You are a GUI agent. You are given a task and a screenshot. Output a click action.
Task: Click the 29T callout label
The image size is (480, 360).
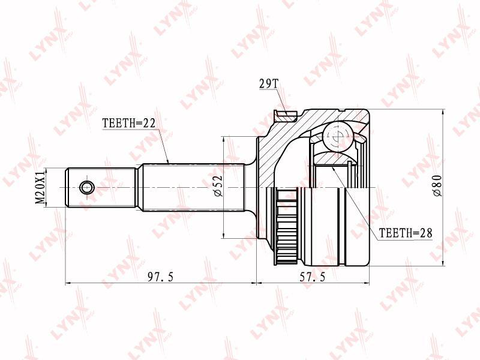pos(268,83)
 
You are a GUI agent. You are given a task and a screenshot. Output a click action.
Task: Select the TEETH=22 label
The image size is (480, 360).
pos(129,123)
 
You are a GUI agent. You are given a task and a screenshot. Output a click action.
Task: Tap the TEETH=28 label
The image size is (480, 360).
pos(406,233)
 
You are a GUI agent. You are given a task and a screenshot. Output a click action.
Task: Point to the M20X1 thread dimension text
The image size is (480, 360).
pos(40,188)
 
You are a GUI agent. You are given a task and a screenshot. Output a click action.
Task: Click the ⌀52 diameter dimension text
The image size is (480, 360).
pos(218,185)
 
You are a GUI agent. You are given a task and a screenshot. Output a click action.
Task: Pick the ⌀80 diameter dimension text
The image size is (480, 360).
pos(437,185)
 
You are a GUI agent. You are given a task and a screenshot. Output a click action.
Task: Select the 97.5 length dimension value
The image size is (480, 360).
pos(160,277)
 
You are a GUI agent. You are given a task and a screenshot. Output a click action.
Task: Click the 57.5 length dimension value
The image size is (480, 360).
pos(313,277)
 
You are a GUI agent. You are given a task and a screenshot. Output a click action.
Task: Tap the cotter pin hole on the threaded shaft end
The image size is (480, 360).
pos(86,187)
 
